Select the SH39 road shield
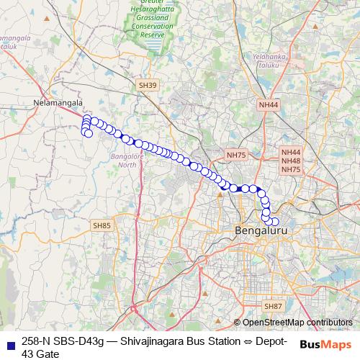point(146,86)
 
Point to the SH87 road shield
point(273,306)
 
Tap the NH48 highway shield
point(291,161)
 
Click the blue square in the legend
point(10,342)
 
